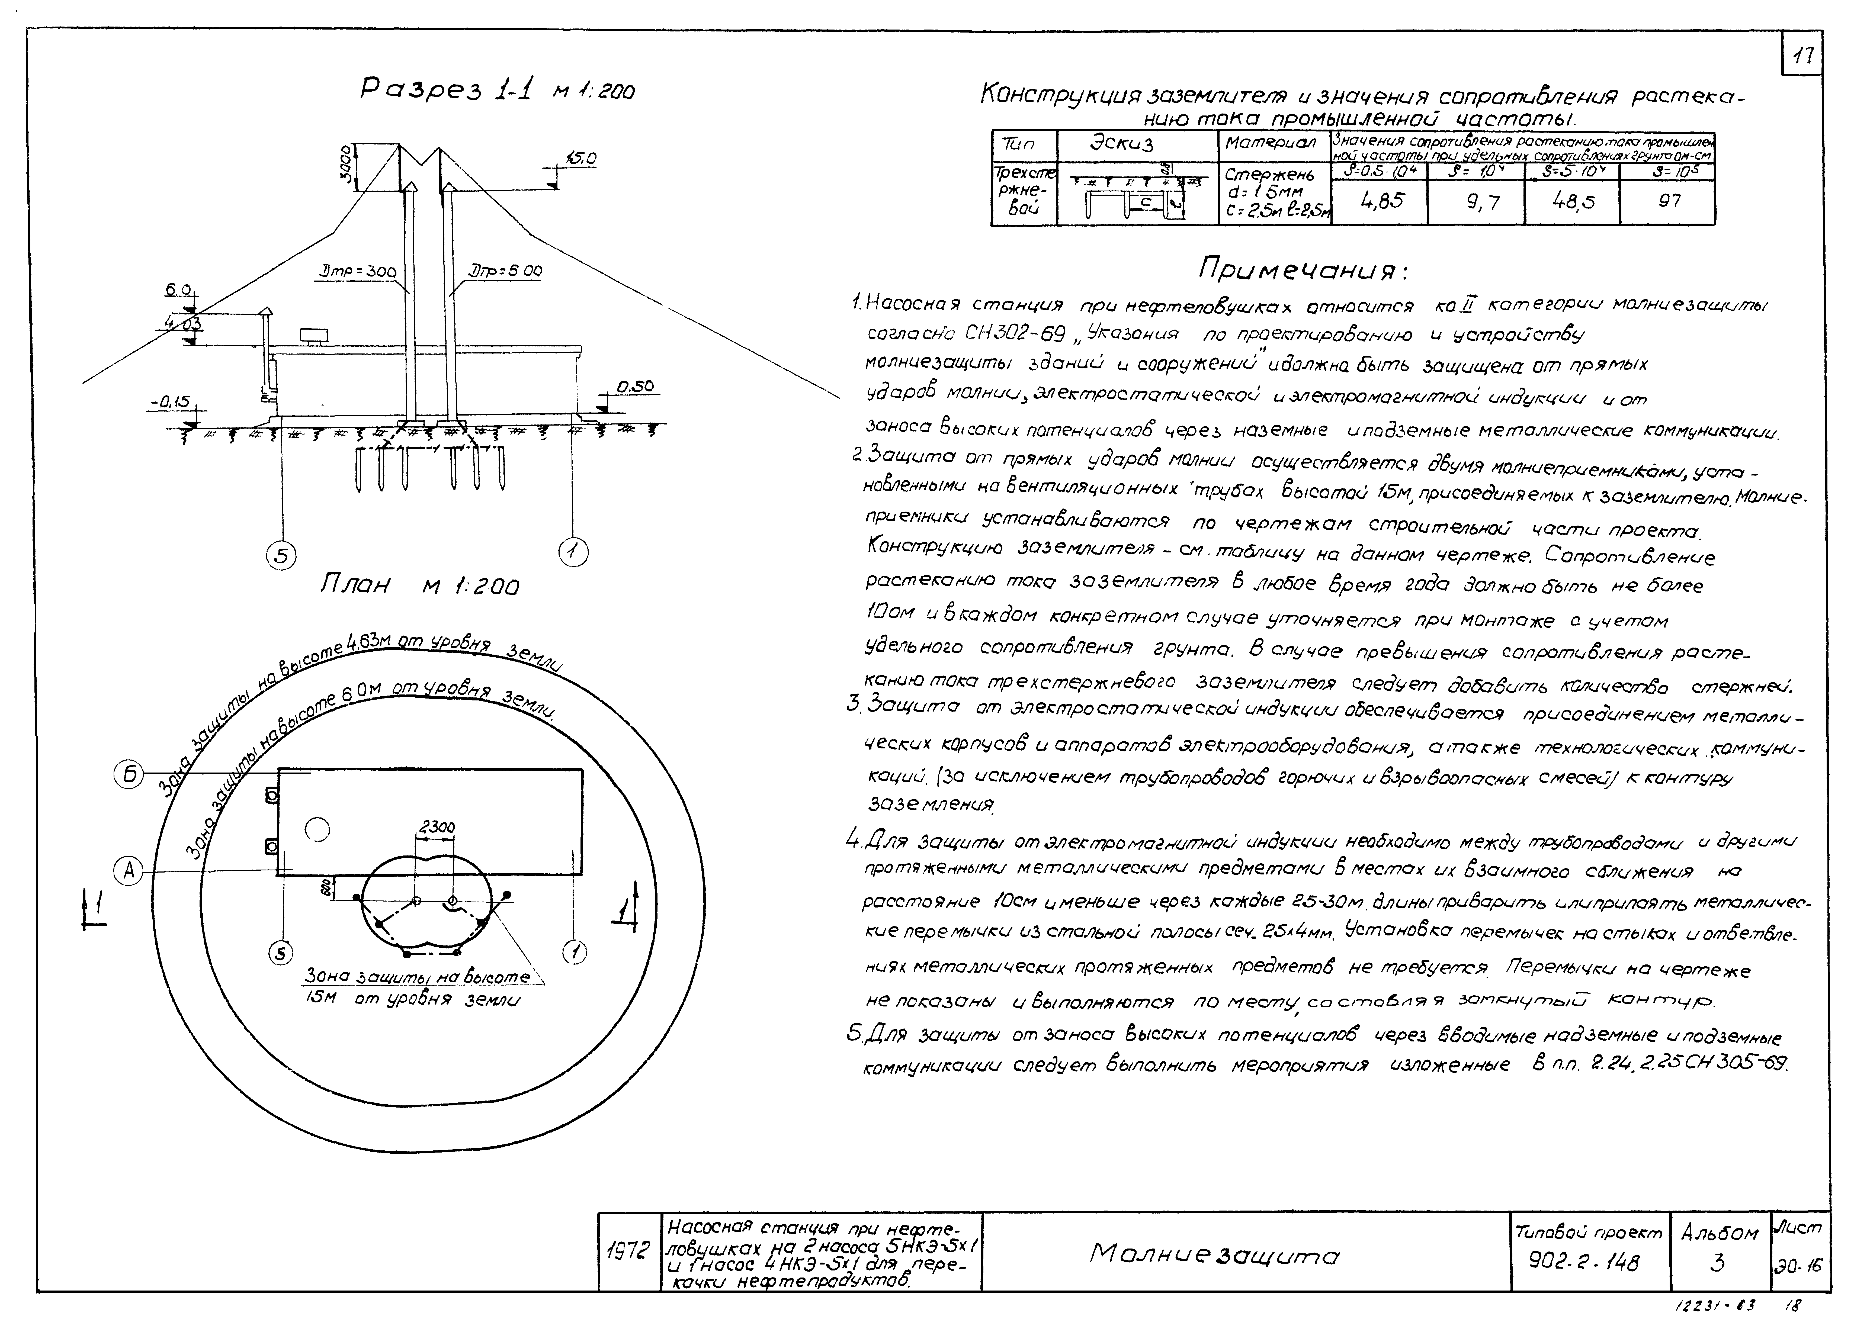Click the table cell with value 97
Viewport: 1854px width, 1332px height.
[1669, 200]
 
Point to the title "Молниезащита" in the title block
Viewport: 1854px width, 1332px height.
[1215, 1254]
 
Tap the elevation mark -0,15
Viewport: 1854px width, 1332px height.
[170, 402]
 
